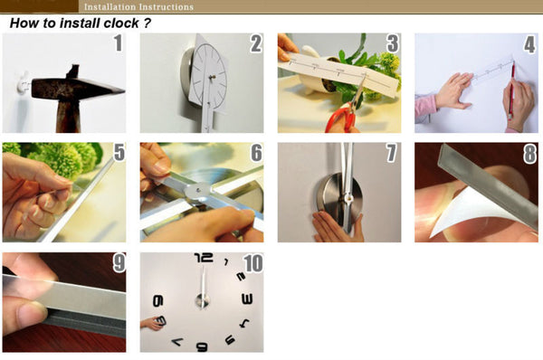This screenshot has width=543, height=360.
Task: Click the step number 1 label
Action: tap(119, 43)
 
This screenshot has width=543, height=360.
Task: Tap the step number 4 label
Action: tap(529, 44)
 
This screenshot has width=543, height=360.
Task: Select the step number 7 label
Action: tap(391, 153)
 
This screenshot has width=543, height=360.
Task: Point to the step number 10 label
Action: tap(253, 263)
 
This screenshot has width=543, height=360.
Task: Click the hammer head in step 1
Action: tap(77, 89)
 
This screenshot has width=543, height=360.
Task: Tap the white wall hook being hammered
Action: tap(23, 83)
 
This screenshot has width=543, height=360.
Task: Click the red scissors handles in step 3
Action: tap(342, 119)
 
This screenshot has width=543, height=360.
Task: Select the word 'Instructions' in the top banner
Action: tap(166, 6)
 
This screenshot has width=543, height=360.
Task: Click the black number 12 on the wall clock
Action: tap(204, 258)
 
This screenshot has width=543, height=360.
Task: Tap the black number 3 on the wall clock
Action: tap(246, 299)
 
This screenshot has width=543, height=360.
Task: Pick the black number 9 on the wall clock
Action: tap(157, 301)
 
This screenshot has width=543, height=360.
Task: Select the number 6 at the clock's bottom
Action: tap(202, 346)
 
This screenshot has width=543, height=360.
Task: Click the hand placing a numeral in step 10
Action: tap(151, 323)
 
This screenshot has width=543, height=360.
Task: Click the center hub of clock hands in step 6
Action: tap(198, 190)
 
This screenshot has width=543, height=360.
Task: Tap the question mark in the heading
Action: tap(148, 24)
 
